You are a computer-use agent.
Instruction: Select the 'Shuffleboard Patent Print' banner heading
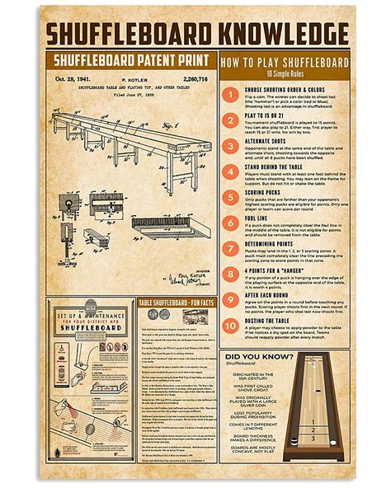pyautogui.click(x=132, y=59)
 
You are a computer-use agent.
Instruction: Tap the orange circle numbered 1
pyautogui.click(x=233, y=95)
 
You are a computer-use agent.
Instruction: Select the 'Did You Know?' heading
pyautogui.click(x=259, y=357)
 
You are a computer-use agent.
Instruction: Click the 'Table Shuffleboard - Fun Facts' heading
pyautogui.click(x=176, y=303)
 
